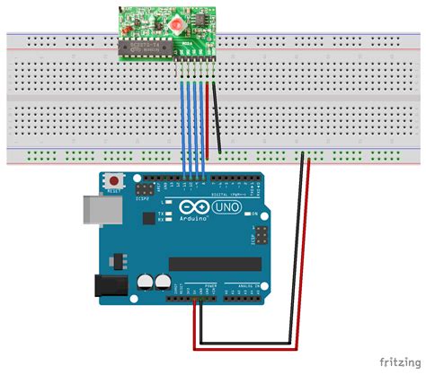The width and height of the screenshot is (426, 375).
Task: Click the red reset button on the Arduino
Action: point(114,180)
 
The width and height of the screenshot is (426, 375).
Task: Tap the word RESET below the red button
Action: point(114,192)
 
